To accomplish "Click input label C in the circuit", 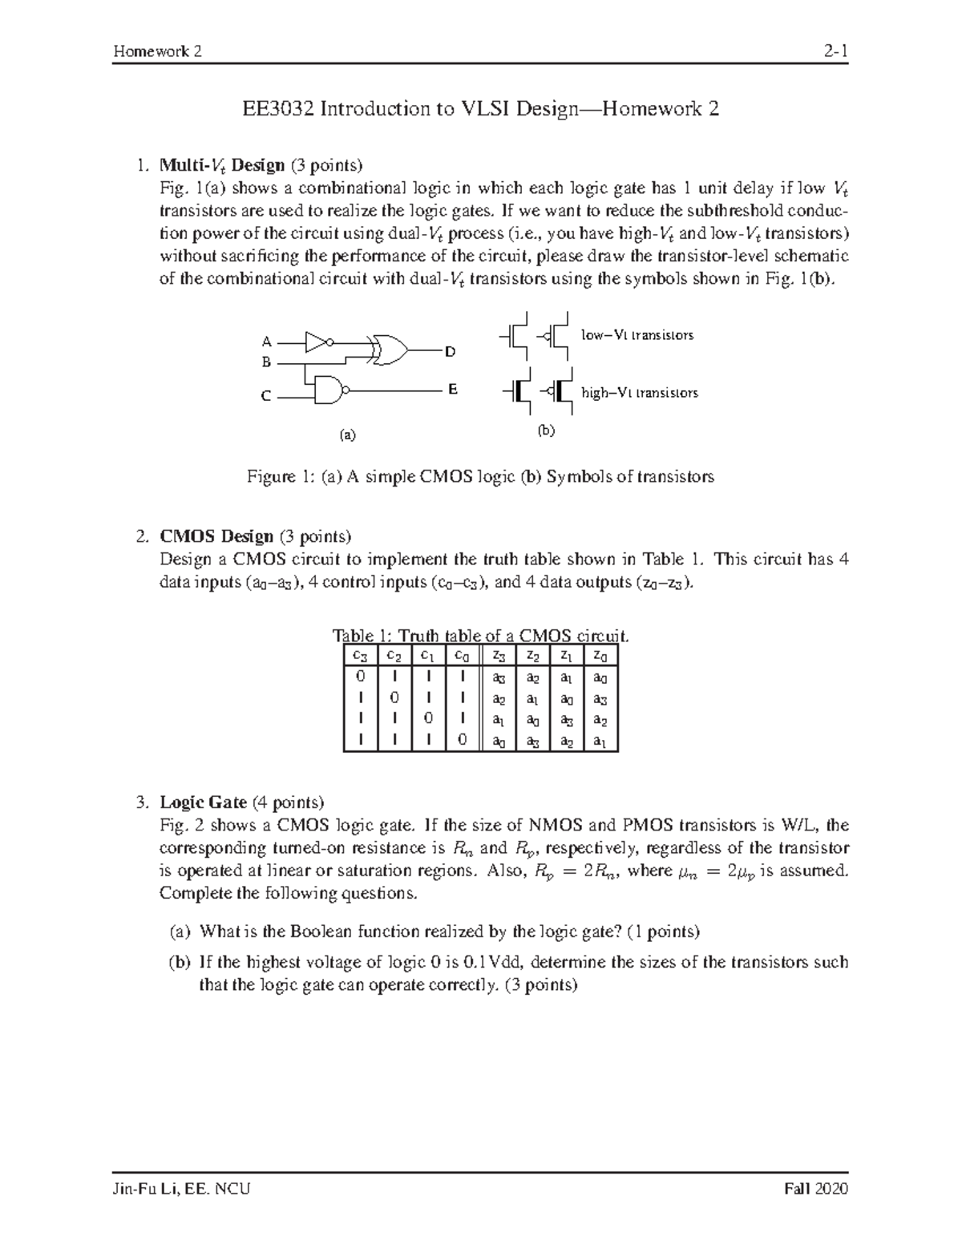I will click(x=266, y=396).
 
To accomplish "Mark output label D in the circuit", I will click(x=450, y=351).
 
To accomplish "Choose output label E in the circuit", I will click(x=452, y=390).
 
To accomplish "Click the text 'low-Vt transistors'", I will click(x=637, y=335).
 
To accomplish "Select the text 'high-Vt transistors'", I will click(x=639, y=393).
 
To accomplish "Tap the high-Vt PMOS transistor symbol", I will click(x=559, y=392).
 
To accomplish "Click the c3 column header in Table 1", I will click(x=358, y=655).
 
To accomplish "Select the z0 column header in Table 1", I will click(x=600, y=655).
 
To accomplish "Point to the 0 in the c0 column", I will click(x=462, y=740).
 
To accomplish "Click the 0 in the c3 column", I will click(x=358, y=677).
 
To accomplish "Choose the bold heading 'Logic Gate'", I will click(x=203, y=802).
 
